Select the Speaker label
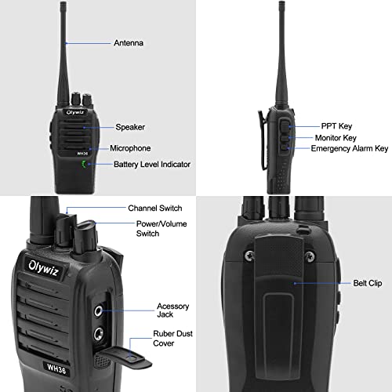coord(129,127)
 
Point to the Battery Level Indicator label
coord(152,165)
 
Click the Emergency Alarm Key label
coord(350,148)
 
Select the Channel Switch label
coord(154,209)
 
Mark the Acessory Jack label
coord(172,310)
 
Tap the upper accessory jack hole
coord(100,309)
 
